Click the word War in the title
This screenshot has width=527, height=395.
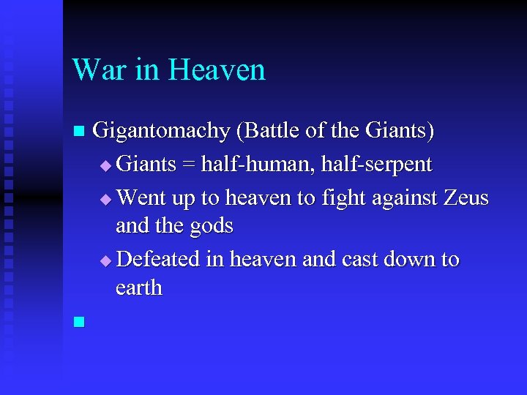[x=97, y=70]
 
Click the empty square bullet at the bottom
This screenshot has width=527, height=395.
[x=79, y=320]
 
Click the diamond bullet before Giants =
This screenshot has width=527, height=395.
[x=107, y=166]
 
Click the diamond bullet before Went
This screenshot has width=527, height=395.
[x=107, y=199]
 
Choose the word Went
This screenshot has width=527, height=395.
[x=142, y=197]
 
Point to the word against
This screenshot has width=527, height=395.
[x=395, y=197]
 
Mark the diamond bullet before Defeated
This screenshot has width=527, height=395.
[x=107, y=261]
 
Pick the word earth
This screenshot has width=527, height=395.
[x=139, y=288]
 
